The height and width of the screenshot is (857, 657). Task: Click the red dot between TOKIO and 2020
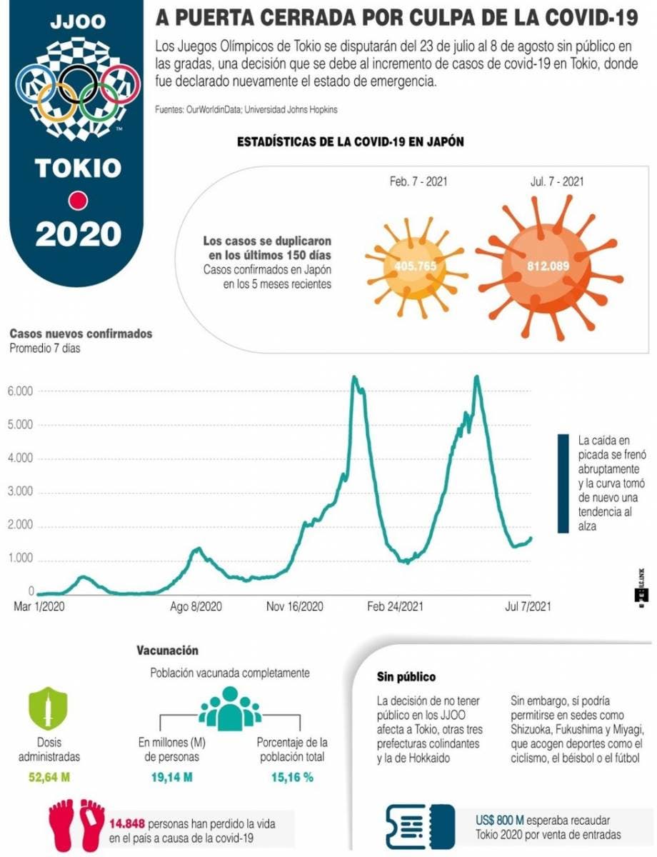point(77,201)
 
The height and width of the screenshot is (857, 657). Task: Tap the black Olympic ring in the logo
point(77,84)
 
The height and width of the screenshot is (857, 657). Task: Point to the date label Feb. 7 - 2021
point(419,181)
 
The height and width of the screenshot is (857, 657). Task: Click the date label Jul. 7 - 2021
point(556,181)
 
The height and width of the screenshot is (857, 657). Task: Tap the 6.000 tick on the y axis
point(21,391)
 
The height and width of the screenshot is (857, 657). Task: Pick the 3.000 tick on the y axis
point(21,493)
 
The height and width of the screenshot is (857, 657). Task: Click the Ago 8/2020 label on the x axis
point(196,607)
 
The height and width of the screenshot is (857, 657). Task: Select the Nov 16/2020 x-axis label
point(295,607)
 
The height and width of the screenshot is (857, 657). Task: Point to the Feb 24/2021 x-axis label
point(395,607)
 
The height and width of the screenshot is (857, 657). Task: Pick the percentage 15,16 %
point(292,777)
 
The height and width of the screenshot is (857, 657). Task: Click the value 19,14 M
point(172,777)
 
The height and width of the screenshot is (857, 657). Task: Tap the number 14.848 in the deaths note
point(126,823)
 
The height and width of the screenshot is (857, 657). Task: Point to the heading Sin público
point(406,676)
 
